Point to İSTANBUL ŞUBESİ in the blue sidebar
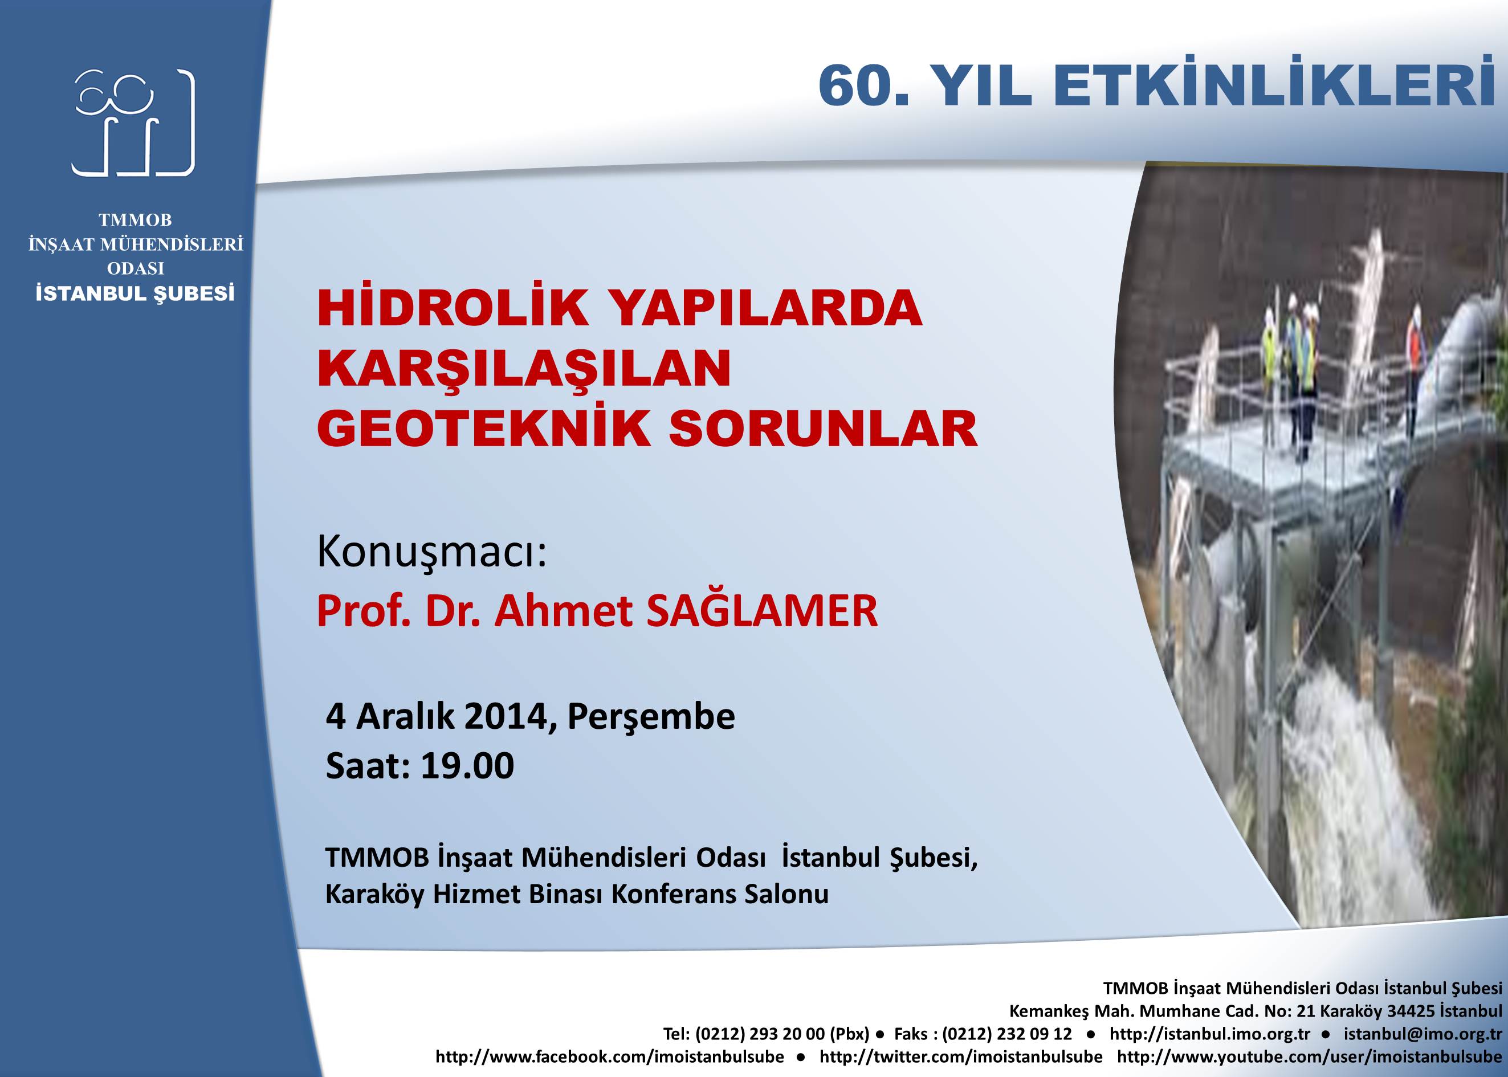(x=135, y=293)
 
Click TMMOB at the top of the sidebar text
(x=135, y=219)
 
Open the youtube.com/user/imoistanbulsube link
(x=1310, y=1056)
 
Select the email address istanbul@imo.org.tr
(x=1423, y=1034)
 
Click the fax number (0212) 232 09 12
(x=1006, y=1034)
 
